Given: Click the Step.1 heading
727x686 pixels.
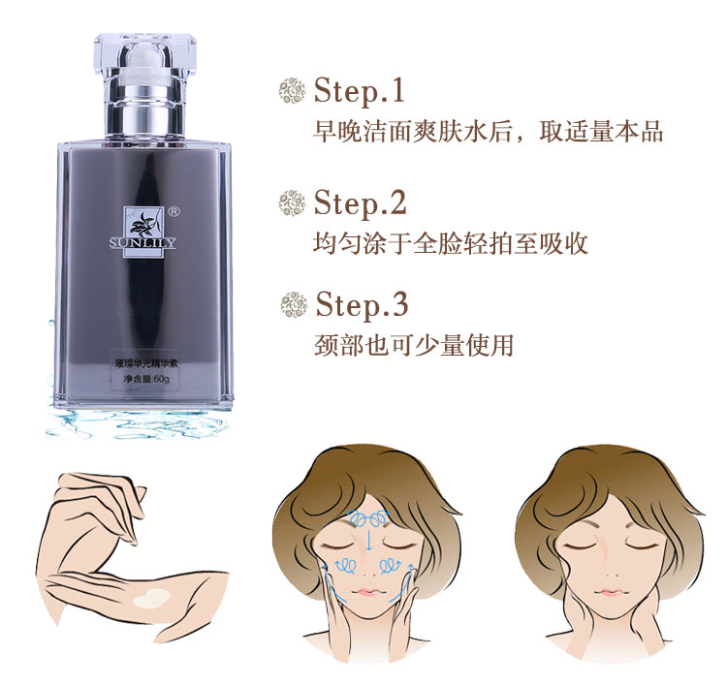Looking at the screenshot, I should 359,92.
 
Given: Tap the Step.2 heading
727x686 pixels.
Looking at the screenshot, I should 360,203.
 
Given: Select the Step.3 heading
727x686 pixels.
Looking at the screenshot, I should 361,304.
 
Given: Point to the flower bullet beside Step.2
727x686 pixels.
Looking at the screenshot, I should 292,203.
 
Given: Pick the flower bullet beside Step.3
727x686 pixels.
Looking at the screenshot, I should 293,304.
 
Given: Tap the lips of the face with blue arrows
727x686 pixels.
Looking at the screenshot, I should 369,591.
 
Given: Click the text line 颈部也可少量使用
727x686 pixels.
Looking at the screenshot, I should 413,345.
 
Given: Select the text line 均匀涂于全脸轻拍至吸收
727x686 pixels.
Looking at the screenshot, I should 451,242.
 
